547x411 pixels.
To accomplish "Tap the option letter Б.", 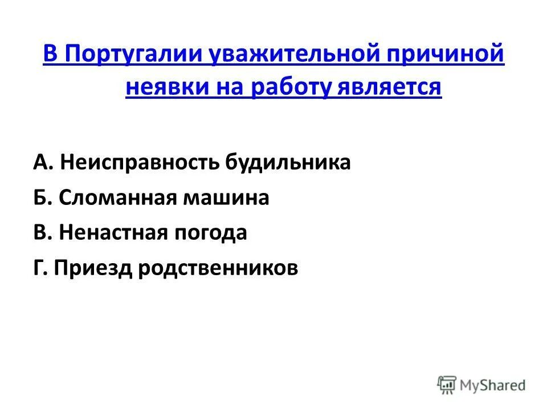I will click(42, 198).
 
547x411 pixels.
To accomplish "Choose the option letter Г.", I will click(40, 268).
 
